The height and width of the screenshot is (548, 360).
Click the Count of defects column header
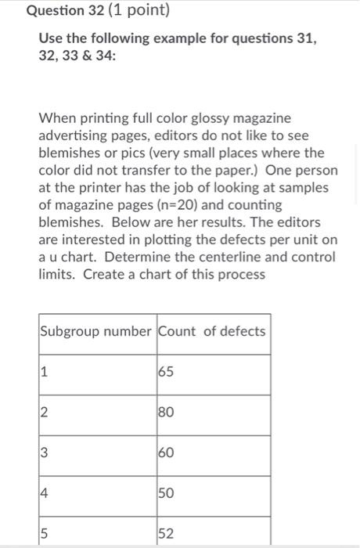point(212,331)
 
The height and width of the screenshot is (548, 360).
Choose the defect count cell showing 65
point(167,372)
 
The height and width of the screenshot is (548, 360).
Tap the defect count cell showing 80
point(167,413)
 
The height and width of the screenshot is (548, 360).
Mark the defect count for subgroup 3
point(167,453)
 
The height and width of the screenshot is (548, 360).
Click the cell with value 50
point(167,494)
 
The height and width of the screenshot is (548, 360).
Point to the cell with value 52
point(167,533)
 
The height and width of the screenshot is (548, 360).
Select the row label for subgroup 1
point(46,372)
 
